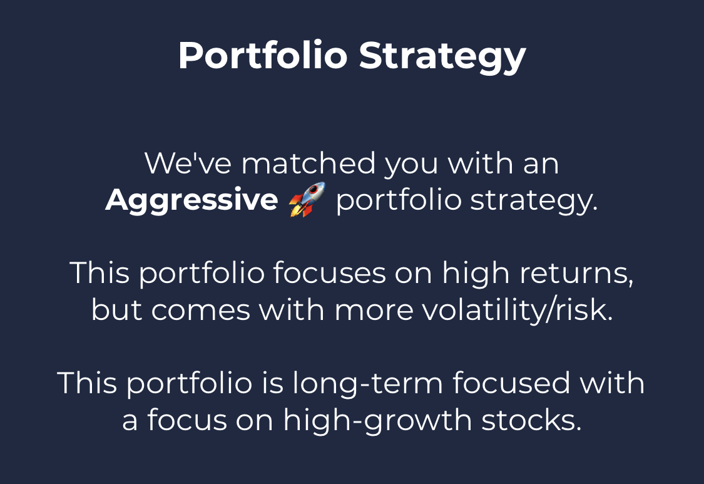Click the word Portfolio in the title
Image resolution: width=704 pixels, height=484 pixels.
(x=263, y=55)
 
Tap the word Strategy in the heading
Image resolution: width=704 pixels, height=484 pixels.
(x=442, y=56)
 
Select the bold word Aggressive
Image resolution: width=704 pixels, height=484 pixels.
(x=191, y=200)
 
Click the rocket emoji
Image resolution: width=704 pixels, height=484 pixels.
(x=307, y=200)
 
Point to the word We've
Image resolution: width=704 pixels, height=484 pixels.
(x=188, y=163)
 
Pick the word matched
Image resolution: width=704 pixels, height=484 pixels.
(x=309, y=163)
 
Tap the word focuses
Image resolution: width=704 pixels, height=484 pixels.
(x=330, y=272)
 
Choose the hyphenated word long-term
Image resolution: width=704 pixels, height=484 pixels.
(x=368, y=384)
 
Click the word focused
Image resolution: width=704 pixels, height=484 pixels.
(x=511, y=383)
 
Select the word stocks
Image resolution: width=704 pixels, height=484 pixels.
(x=531, y=421)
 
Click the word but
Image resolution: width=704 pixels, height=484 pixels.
(x=117, y=310)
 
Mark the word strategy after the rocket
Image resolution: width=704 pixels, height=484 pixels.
(x=534, y=201)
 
